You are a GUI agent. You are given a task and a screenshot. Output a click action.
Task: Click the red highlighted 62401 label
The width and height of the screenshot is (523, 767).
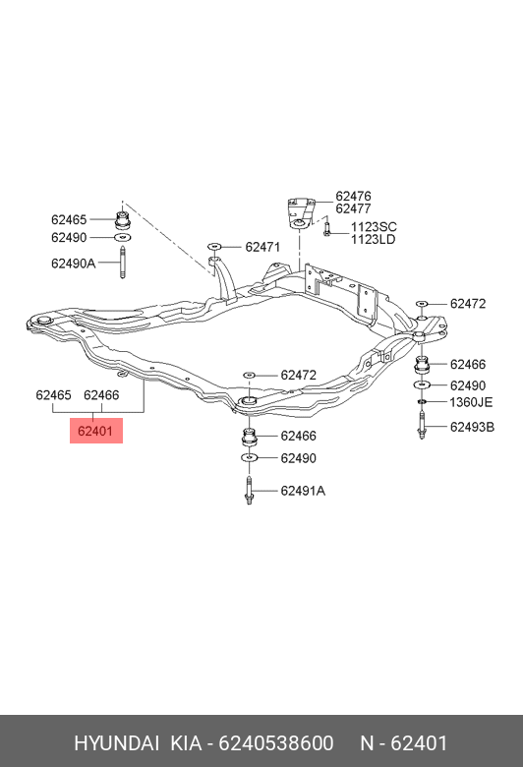point(96,431)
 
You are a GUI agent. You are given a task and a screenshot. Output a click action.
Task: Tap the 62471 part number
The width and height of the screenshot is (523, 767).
point(262,248)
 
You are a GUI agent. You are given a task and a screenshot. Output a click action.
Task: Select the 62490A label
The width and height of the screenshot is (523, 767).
point(73,264)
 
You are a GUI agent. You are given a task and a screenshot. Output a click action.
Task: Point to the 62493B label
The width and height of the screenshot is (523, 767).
point(472,427)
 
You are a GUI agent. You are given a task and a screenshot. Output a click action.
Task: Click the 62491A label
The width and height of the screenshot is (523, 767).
point(303,491)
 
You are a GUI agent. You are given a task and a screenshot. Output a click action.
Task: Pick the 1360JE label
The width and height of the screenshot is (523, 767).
point(471,402)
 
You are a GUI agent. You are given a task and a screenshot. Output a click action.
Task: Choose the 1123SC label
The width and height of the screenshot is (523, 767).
point(374,227)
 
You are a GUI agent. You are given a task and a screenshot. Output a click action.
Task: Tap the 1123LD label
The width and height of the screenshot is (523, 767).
point(373,240)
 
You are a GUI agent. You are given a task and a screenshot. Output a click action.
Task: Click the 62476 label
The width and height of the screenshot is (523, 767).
point(353,196)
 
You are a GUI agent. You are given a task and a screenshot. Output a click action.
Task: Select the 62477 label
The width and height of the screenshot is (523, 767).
point(353,208)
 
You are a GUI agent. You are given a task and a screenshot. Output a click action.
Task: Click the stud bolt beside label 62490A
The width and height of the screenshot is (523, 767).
point(122,263)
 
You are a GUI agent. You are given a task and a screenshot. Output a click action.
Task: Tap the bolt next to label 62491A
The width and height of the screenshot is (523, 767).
point(249,490)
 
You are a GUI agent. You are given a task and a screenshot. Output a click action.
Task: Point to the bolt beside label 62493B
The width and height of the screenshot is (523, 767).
point(422,426)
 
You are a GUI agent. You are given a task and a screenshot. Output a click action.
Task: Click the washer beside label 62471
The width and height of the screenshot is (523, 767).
point(214,247)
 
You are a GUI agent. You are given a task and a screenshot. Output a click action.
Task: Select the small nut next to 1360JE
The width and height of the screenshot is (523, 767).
point(422,402)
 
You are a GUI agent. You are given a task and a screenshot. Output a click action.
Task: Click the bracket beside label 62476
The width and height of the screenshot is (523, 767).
point(299,211)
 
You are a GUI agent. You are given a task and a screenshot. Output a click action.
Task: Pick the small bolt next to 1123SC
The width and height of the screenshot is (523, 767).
point(327,228)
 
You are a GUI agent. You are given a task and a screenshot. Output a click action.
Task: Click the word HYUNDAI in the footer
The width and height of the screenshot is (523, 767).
point(116,743)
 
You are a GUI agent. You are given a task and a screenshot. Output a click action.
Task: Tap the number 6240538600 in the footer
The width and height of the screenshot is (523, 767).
point(276,743)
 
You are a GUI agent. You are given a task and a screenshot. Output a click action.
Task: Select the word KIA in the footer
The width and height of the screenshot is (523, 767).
point(186,743)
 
